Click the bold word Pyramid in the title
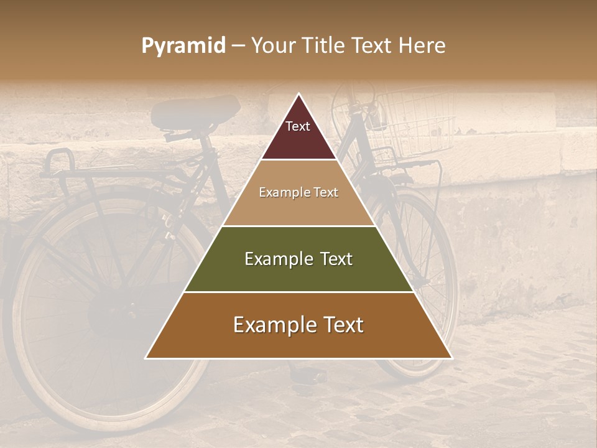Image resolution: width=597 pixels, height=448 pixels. [x=183, y=46]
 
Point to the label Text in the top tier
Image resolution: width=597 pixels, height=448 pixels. [x=298, y=126]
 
